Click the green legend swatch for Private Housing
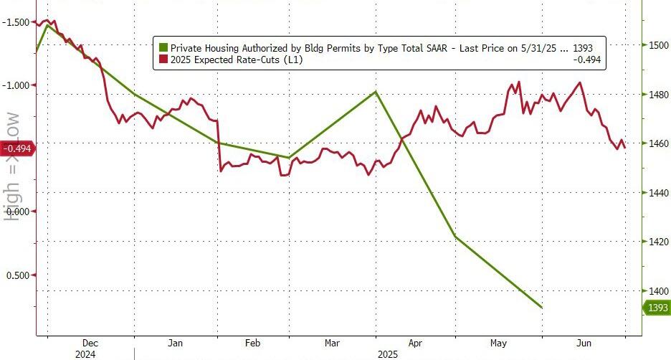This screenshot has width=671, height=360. click(163, 48)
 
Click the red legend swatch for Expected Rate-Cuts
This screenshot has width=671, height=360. click(163, 60)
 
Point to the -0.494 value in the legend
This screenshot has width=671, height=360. click(588, 60)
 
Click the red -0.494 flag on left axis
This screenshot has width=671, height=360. click(17, 148)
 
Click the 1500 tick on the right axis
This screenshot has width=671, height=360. click(657, 46)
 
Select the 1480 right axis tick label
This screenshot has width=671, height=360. click(657, 95)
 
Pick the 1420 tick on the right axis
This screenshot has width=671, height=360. click(657, 242)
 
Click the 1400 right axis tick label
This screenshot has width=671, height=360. click(657, 291)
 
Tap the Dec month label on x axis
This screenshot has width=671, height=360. click(91, 343)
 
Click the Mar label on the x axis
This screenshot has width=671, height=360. click(333, 343)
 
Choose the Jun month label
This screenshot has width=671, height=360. click(584, 343)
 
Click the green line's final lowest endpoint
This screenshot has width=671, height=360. click(541, 308)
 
